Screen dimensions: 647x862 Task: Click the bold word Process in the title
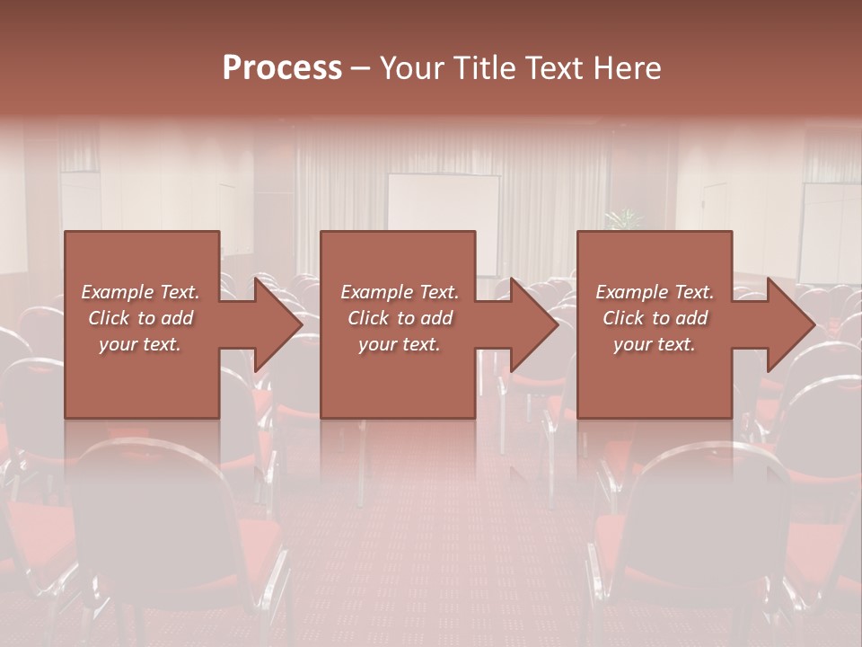click(x=282, y=68)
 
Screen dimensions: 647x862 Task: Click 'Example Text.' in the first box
click(x=140, y=292)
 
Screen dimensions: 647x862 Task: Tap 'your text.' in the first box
click(x=140, y=344)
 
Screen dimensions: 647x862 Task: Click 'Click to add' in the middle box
click(x=400, y=318)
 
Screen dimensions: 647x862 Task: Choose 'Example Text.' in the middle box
click(x=400, y=292)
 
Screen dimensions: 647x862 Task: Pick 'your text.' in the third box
click(x=655, y=344)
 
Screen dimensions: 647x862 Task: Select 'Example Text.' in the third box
click(x=655, y=292)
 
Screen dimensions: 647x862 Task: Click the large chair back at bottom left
click(x=153, y=521)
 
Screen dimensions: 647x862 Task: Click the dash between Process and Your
click(x=360, y=69)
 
